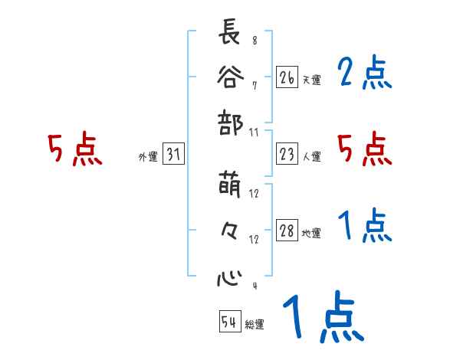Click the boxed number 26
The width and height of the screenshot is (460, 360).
(287, 77)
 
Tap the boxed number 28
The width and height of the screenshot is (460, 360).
(287, 231)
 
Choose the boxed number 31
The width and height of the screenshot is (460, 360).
(173, 155)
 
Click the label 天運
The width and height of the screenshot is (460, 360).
(312, 79)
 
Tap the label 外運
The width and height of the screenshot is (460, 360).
(147, 157)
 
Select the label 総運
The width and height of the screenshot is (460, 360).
(255, 324)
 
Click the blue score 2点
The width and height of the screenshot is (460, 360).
(364, 74)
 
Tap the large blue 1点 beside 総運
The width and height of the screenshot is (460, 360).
(322, 316)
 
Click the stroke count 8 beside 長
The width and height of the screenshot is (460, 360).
(254, 41)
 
